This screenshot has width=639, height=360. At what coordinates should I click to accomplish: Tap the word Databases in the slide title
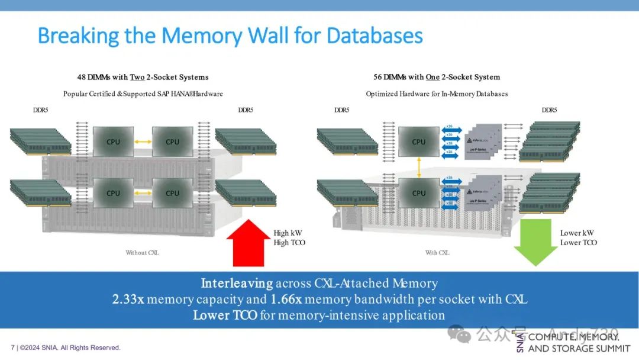[x=375, y=36]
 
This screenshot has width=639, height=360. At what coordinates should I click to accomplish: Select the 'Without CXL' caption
[x=142, y=253]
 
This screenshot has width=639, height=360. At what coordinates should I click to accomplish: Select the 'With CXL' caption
[x=437, y=253]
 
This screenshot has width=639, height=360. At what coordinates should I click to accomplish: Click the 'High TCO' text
[x=290, y=243]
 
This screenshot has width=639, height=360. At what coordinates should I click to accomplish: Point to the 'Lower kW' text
[x=577, y=233]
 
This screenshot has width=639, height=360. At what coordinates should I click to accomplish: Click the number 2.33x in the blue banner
[x=128, y=300]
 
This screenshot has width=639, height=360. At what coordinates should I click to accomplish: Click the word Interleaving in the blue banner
[x=237, y=284]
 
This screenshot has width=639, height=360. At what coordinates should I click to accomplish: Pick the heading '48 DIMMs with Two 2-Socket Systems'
[x=143, y=78]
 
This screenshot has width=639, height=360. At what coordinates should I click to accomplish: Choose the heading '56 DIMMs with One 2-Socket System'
[x=437, y=78]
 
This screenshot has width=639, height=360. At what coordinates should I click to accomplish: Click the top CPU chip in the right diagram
[x=419, y=142]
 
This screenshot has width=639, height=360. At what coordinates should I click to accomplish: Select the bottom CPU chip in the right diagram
[x=419, y=193]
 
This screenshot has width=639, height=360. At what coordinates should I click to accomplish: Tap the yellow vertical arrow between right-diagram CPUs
[x=419, y=168]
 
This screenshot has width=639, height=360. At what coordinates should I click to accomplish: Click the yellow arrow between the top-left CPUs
[x=143, y=142]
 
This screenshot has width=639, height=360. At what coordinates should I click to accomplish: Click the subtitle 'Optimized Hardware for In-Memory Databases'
[x=437, y=94]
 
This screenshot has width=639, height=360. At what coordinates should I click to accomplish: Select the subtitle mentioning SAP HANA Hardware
[x=143, y=94]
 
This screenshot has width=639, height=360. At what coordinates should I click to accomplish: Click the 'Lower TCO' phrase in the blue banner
[x=225, y=316]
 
